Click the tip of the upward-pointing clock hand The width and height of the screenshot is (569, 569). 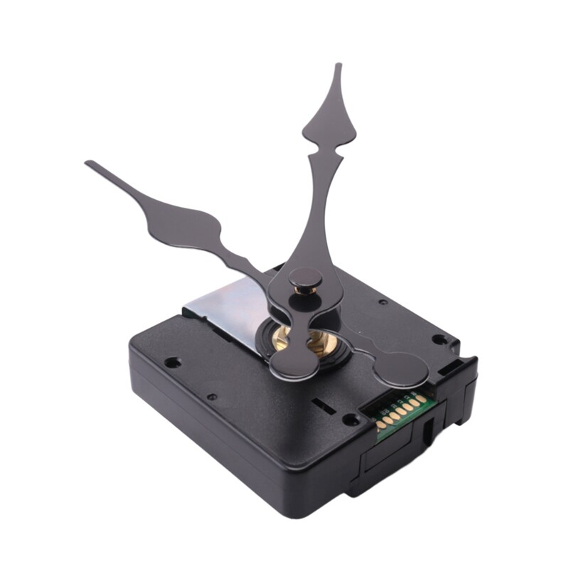(339, 65)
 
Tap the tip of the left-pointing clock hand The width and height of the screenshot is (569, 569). (87, 164)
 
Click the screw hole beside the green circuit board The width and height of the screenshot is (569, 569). (350, 419)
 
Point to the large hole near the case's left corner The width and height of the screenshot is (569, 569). (171, 362)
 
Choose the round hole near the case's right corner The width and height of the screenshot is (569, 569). (440, 339)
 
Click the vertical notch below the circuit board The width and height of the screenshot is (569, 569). (427, 432)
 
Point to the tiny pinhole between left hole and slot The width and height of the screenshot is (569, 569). (212, 396)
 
